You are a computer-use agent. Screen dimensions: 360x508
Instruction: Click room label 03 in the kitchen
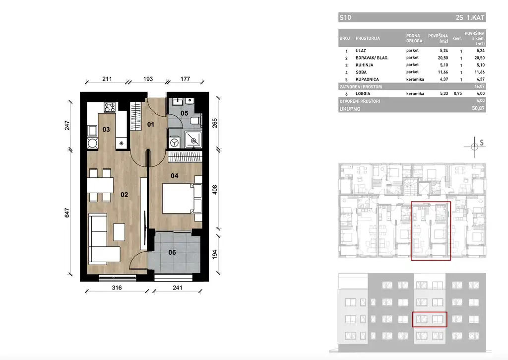(x=106, y=130)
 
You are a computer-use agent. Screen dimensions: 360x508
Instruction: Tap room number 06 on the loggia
(x=172, y=252)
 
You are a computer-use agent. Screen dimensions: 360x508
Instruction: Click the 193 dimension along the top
(x=148, y=79)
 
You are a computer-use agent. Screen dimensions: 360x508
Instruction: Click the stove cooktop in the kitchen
(x=109, y=106)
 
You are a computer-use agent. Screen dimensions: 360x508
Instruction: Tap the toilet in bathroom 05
(x=195, y=120)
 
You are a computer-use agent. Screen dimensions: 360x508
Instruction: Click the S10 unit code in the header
(x=345, y=18)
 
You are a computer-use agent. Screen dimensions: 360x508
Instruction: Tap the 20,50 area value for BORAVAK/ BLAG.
(x=443, y=58)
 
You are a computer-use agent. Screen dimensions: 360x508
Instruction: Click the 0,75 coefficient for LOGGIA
(x=461, y=93)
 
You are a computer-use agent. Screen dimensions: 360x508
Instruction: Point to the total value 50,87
(x=479, y=108)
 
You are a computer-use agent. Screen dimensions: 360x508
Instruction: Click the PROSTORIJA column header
(x=368, y=38)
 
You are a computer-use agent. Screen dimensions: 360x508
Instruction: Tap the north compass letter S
(x=481, y=143)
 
